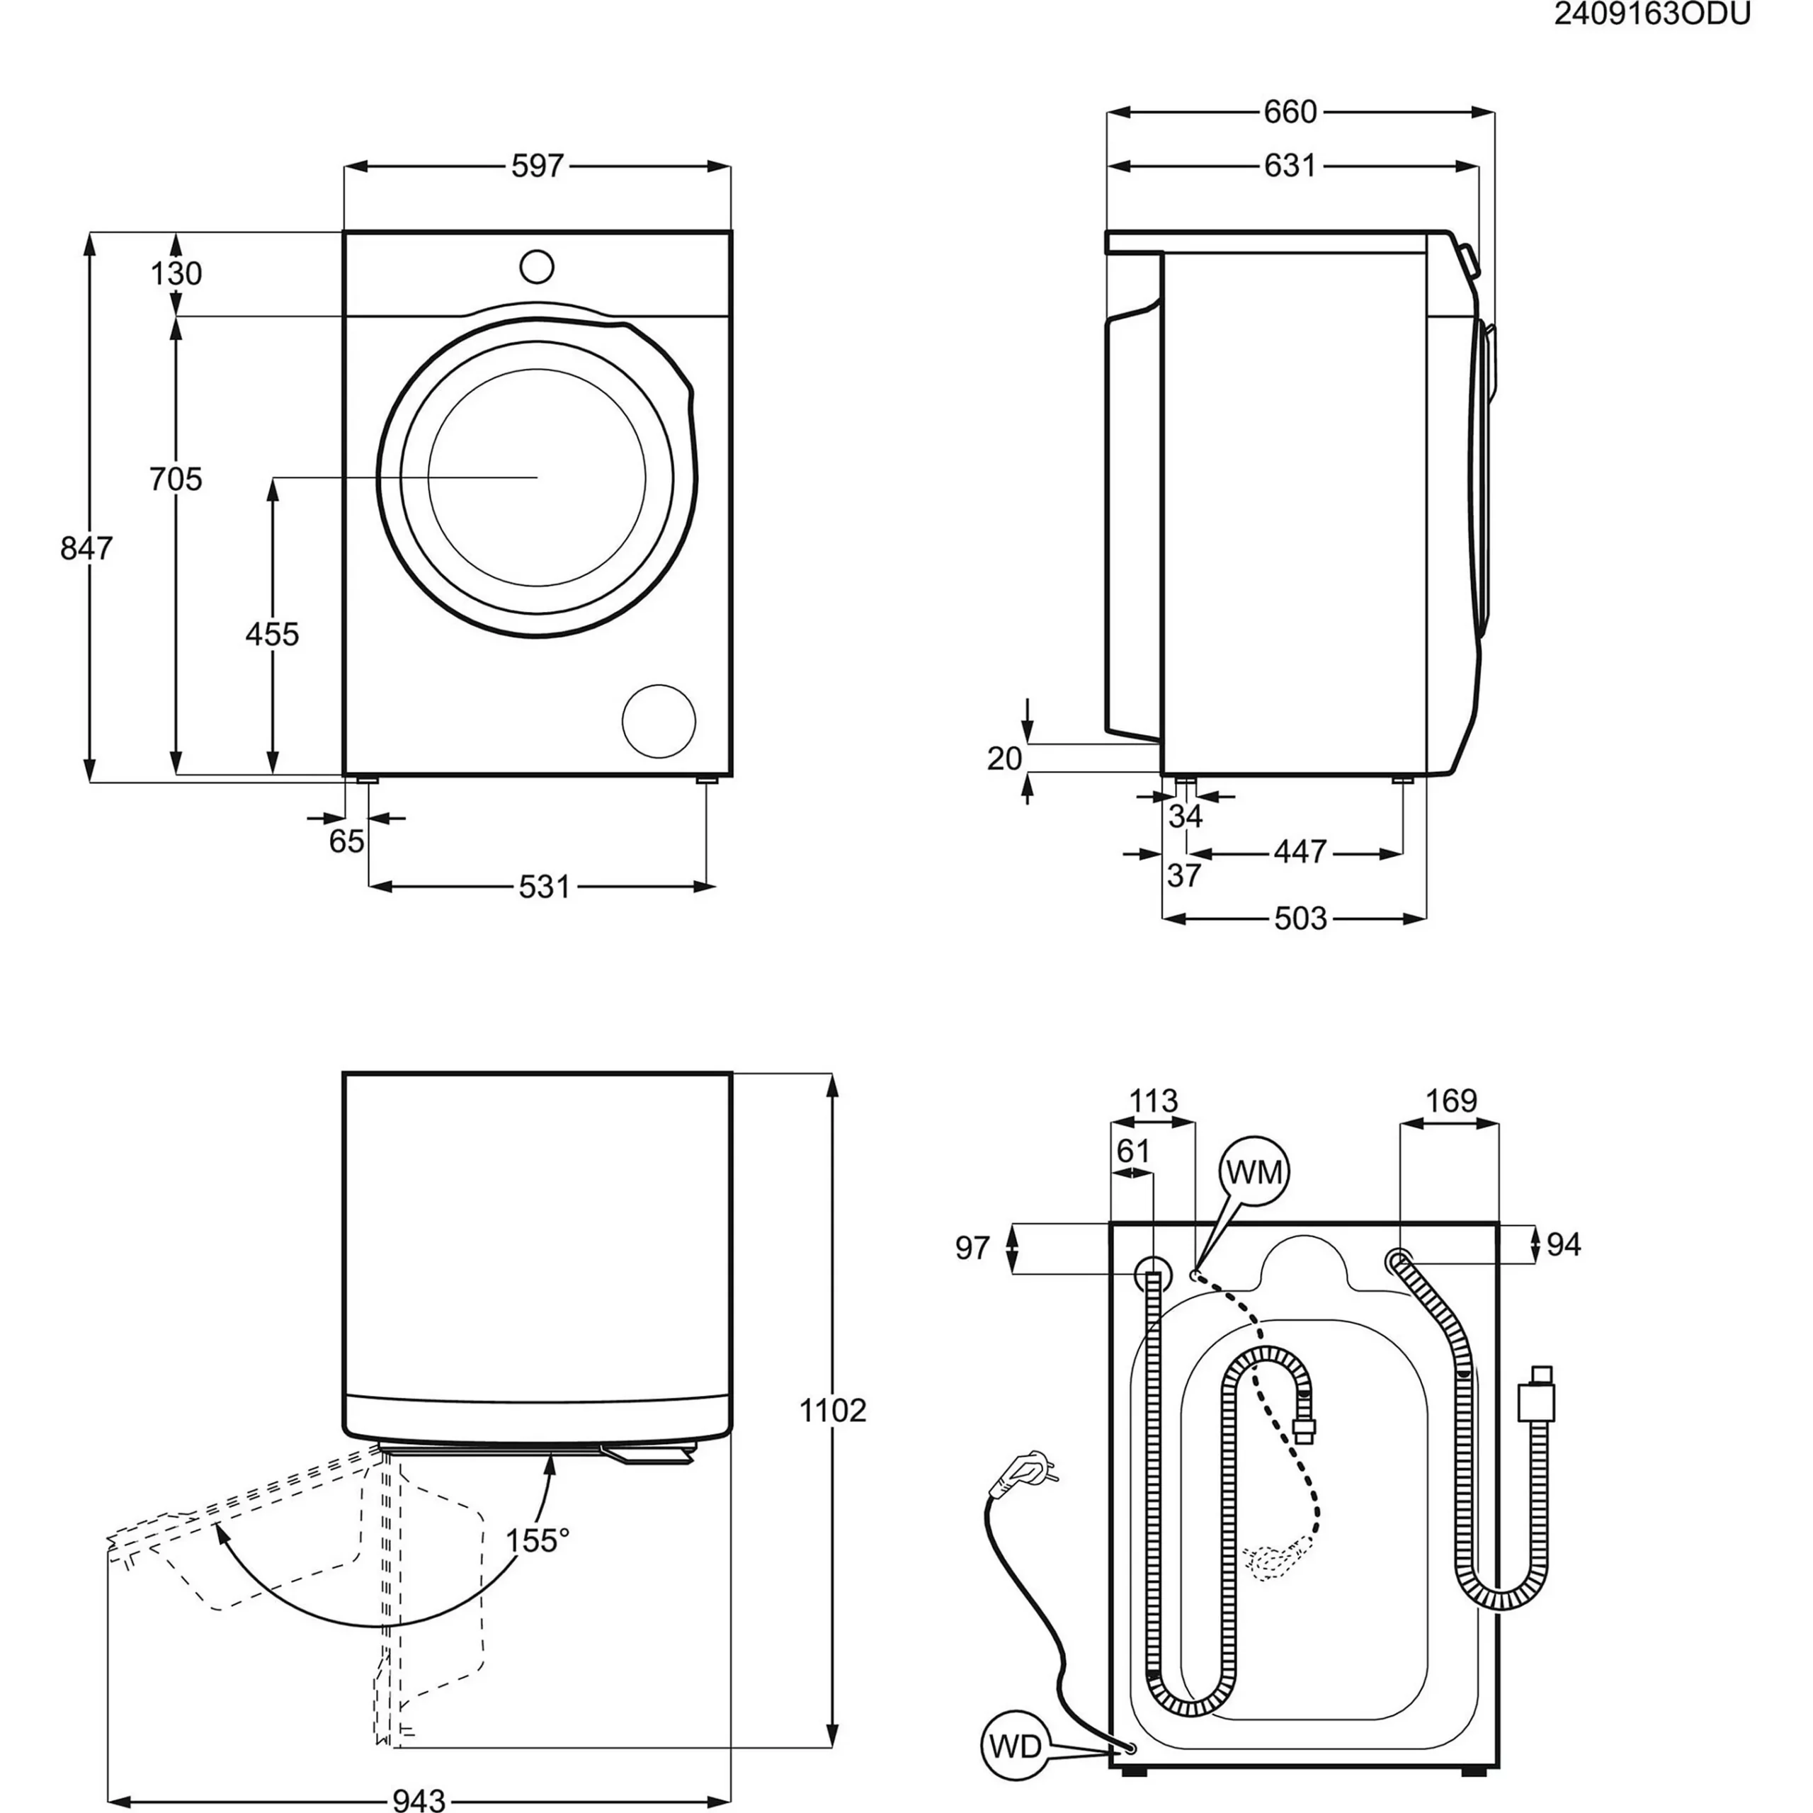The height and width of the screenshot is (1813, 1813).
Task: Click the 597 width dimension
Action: [x=537, y=166]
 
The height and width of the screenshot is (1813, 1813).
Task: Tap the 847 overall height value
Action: [x=86, y=547]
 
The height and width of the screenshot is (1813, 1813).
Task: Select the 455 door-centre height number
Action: [x=272, y=635]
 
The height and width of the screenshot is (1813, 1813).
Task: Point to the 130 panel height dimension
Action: [x=176, y=274]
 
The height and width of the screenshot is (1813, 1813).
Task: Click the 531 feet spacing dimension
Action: [x=545, y=887]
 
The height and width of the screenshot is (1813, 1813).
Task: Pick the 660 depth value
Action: [x=1290, y=113]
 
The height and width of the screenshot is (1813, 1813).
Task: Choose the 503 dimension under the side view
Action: [x=1301, y=918]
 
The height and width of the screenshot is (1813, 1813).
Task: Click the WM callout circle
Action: [x=1255, y=1172]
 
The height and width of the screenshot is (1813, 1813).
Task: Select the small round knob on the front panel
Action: [x=537, y=266]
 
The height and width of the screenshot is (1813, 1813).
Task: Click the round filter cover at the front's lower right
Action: [x=659, y=721]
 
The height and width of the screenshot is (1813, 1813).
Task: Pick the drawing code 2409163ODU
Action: [x=1651, y=15]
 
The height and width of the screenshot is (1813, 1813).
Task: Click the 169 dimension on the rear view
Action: [x=1451, y=1100]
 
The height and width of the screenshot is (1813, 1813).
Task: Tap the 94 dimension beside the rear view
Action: [x=1564, y=1245]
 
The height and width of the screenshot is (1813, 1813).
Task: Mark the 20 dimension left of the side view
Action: [x=1004, y=758]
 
